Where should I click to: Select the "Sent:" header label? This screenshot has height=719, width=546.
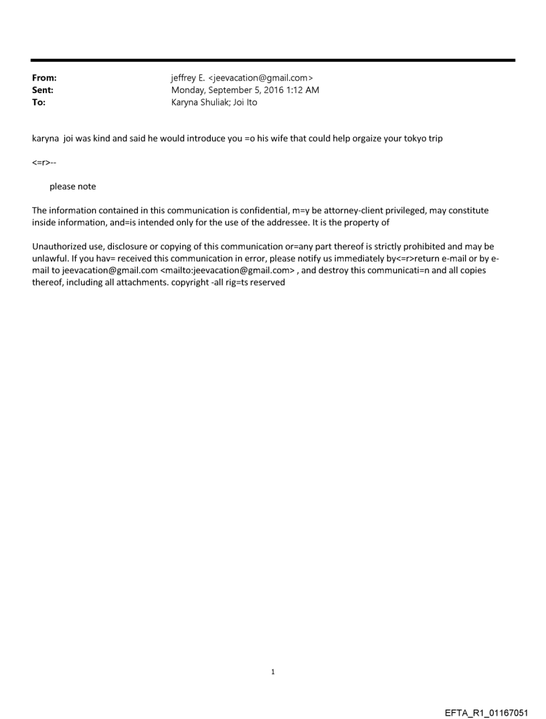43,90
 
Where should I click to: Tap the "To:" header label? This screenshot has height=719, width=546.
39,103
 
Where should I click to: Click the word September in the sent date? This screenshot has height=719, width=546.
234,90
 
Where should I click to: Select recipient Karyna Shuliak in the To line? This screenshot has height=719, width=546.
199,103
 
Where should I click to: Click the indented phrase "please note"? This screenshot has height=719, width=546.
72,186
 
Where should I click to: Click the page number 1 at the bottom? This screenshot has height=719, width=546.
273,671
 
